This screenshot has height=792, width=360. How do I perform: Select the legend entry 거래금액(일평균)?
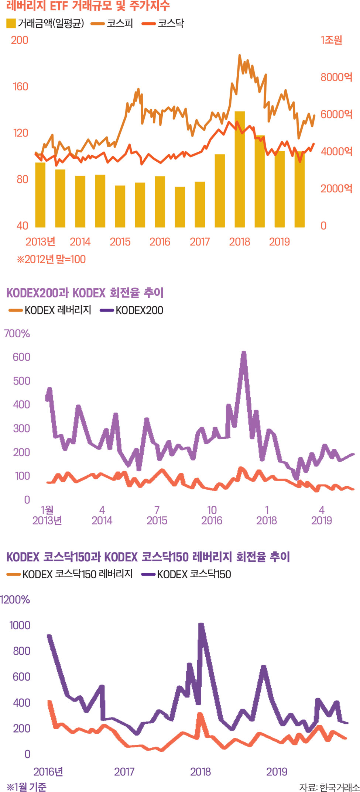pyautogui.click(x=45, y=24)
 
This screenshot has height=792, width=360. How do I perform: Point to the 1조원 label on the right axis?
pyautogui.click(x=331, y=40)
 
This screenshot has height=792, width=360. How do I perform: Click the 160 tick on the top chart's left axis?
pyautogui.click(x=20, y=86)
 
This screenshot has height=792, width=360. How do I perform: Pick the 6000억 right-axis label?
pyautogui.click(x=336, y=114)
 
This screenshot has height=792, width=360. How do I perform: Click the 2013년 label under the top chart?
pyautogui.click(x=40, y=242)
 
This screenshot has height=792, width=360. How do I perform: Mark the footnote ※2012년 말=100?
pyautogui.click(x=51, y=259)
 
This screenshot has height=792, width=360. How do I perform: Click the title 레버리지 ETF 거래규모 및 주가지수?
pyautogui.click(x=88, y=6)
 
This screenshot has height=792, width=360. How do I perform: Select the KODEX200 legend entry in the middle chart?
pyautogui.click(x=132, y=310)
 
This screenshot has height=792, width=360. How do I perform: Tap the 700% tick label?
pyautogui.click(x=17, y=334)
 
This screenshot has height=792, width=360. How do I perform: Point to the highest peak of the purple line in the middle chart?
pyautogui.click(x=244, y=353)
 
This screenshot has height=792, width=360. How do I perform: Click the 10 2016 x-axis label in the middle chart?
pyautogui.click(x=212, y=515)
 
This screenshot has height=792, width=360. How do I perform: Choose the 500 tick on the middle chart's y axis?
pyautogui.click(x=21, y=381)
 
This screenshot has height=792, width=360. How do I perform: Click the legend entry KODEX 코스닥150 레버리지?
pyautogui.click(x=70, y=574)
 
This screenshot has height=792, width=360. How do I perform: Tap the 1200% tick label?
pyautogui.click(x=15, y=600)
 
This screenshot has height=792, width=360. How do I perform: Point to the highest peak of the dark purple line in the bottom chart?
pyautogui.click(x=201, y=624)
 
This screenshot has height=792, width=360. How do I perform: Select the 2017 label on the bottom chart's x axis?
pyautogui.click(x=124, y=771)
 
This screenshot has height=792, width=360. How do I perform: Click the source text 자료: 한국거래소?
pyautogui.click(x=329, y=787)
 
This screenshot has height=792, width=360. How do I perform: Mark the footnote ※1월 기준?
pyautogui.click(x=27, y=787)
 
